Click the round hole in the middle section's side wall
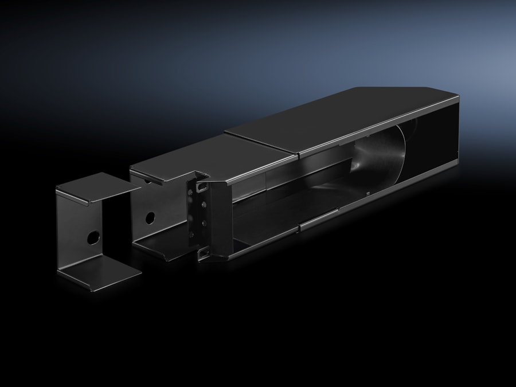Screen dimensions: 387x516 pos(150,218)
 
